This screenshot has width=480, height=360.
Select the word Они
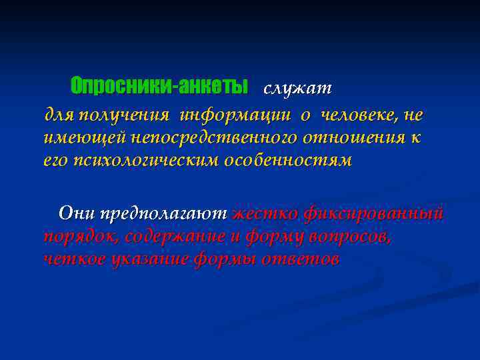click(x=73, y=213)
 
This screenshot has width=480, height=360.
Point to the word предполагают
click(x=162, y=214)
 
